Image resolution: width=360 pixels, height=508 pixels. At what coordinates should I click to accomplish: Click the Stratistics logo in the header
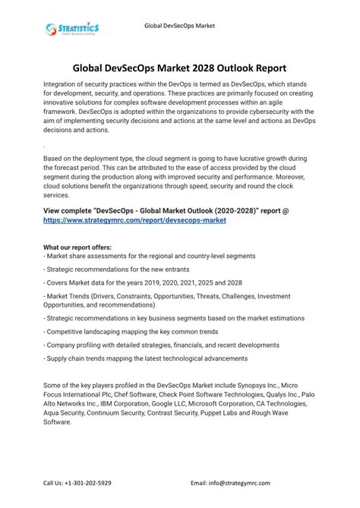coord(71,30)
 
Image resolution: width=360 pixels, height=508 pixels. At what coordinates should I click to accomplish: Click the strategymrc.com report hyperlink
coord(134,220)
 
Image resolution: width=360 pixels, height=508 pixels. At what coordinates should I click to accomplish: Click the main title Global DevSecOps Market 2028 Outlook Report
coord(180,68)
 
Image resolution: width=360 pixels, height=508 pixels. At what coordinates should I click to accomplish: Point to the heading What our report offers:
coord(76,248)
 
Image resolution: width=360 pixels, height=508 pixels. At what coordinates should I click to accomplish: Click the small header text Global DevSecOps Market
coord(180,25)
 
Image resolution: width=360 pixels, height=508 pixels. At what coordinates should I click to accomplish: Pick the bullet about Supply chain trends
coord(146,358)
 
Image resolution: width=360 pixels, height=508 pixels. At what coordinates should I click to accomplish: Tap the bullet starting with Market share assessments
coord(150,257)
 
